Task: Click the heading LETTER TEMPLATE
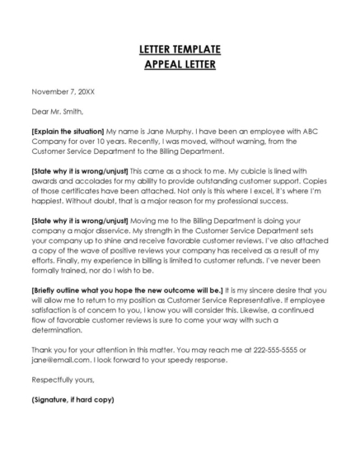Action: tap(180, 50)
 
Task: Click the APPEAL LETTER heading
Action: tap(180, 63)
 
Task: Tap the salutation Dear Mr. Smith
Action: tap(58, 111)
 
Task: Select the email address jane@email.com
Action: tap(58, 360)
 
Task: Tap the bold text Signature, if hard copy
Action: tap(72, 400)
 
